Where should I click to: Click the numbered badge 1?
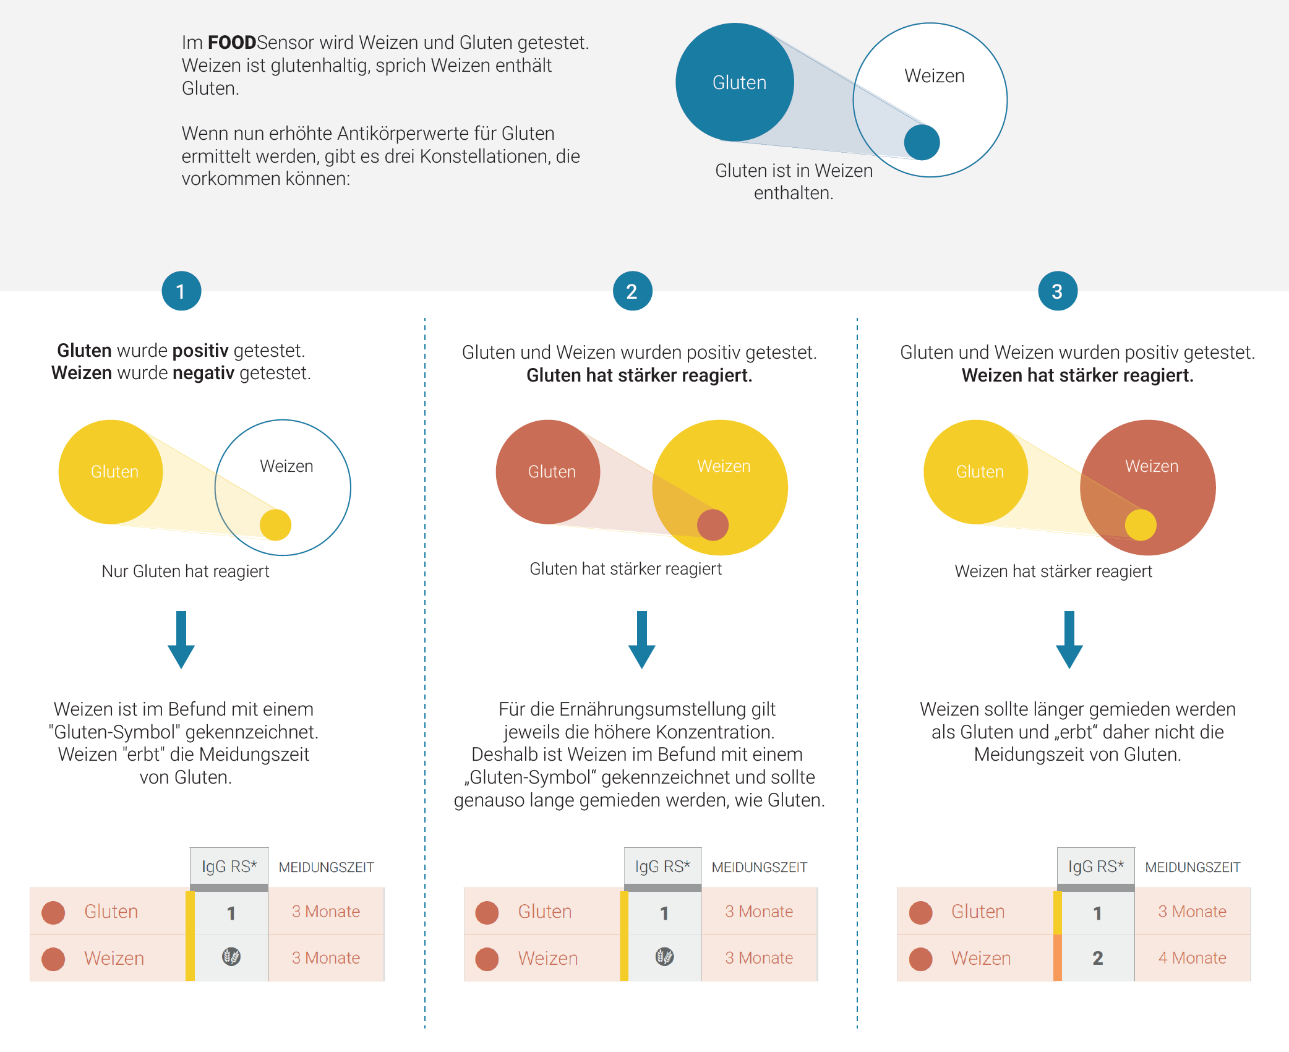tap(181, 291)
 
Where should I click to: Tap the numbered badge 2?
tap(632, 291)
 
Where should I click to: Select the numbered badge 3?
tap(1058, 291)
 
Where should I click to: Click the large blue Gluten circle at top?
tap(735, 82)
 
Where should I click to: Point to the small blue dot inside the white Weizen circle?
tap(922, 142)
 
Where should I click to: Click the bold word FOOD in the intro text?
tap(232, 42)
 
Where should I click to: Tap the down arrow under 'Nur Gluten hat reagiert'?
tap(181, 639)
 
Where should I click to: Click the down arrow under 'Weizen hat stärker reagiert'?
tap(1069, 639)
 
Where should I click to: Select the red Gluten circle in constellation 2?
tap(548, 472)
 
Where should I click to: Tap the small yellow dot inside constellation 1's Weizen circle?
tap(275, 524)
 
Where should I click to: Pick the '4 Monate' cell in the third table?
tap(1192, 958)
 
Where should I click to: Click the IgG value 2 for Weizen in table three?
tap(1097, 958)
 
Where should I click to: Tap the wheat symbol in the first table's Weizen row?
tap(231, 957)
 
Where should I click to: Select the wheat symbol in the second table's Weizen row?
tap(665, 957)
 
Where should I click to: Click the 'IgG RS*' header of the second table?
tap(662, 866)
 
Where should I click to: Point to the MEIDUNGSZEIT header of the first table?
tap(326, 867)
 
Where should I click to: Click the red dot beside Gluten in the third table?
tap(921, 912)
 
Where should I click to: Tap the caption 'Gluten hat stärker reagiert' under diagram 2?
tap(625, 569)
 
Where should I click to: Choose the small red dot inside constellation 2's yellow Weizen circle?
tap(713, 524)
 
